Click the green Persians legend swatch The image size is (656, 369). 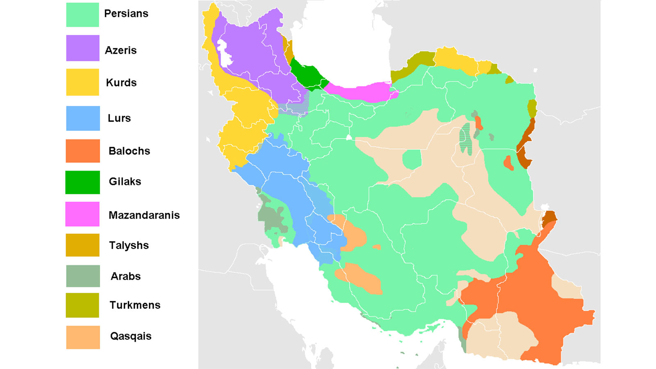coord(82,15)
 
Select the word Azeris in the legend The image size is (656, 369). coord(121,50)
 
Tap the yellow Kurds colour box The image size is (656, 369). coord(82,82)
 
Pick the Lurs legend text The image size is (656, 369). coord(119,118)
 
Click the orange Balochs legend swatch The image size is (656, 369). coord(82,151)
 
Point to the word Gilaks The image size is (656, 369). coord(125,182)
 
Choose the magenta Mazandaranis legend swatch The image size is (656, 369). coord(82,214)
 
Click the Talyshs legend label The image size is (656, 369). coord(129,246)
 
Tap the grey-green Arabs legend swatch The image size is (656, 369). coord(82,276)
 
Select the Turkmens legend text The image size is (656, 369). coord(135,305)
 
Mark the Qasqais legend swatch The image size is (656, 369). coord(82,337)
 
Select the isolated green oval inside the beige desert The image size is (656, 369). coord(412,159)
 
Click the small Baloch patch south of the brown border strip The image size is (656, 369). coord(508,163)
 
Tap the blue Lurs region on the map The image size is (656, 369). coord(287,184)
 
